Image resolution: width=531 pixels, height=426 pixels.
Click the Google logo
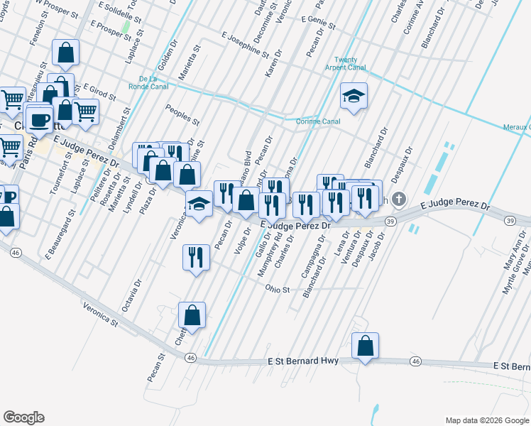(24, 417)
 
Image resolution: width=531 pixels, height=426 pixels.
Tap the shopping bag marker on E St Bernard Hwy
(365, 346)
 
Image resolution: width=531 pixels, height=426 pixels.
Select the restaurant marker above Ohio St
(197, 257)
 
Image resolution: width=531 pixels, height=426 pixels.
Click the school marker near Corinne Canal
(354, 97)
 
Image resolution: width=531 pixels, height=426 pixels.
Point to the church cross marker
(399, 200)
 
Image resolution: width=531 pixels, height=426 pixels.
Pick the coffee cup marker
(40, 119)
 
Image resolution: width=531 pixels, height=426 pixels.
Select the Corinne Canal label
(317, 121)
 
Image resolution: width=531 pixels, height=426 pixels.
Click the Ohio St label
(278, 290)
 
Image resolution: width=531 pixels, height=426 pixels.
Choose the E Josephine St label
(245, 45)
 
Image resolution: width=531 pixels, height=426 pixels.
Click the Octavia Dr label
(128, 299)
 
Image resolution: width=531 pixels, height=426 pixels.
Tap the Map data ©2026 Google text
(486, 420)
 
